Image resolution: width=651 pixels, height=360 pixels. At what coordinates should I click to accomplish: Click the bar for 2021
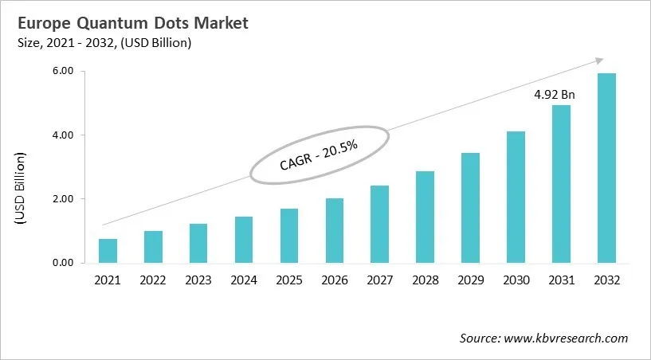(108, 251)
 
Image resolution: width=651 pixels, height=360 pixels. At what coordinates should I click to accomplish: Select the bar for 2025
(289, 236)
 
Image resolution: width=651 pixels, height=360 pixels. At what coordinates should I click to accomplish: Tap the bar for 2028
(426, 217)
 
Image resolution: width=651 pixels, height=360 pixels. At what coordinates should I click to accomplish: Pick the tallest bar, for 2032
(607, 168)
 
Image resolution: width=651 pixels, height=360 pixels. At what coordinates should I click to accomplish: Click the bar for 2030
(516, 197)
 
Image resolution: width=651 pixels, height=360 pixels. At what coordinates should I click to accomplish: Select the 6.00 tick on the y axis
(62, 72)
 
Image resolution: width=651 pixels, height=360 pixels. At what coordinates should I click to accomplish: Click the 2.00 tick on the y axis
(62, 199)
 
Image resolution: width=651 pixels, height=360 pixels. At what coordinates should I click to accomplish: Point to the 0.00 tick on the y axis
(62, 263)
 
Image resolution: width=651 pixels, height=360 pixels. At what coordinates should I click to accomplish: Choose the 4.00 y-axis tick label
(62, 135)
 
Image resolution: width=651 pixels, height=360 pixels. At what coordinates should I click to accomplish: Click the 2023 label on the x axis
(198, 280)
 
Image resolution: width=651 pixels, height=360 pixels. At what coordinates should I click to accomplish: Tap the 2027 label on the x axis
(380, 280)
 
